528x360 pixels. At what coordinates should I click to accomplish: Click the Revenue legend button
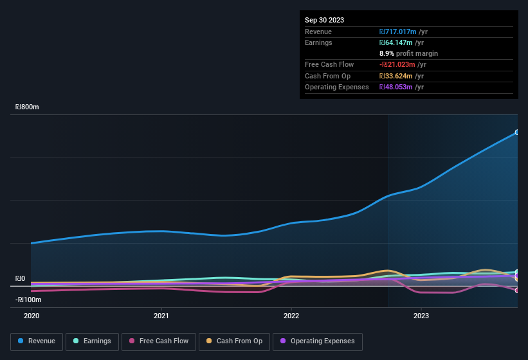click(x=37, y=341)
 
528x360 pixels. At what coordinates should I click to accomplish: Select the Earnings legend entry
click(x=91, y=341)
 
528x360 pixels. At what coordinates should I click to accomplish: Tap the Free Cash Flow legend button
click(x=158, y=341)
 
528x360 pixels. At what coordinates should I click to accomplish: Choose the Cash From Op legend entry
click(x=234, y=341)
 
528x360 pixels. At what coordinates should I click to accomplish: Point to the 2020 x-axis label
click(x=32, y=316)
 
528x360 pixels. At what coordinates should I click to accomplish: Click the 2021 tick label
click(x=161, y=316)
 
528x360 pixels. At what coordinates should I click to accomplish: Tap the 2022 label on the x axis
click(x=291, y=316)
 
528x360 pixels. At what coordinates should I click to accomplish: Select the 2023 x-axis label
click(x=421, y=316)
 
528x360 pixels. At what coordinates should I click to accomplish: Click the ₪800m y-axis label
click(x=28, y=107)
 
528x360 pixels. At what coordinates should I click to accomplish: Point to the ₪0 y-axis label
click(x=21, y=279)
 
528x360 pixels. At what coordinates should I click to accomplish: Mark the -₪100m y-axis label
click(x=28, y=300)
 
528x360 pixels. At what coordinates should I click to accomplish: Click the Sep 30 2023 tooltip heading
click(x=324, y=20)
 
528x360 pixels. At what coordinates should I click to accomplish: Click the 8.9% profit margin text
click(x=408, y=53)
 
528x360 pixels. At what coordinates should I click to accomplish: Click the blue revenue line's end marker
click(x=517, y=132)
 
